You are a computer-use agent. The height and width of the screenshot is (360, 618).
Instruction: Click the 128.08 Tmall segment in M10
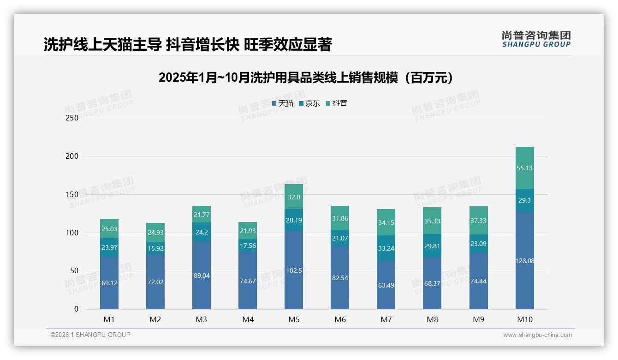click(524, 260)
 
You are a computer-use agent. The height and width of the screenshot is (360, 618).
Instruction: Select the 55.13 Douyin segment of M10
click(524, 168)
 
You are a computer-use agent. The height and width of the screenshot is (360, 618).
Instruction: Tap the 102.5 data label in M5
click(294, 270)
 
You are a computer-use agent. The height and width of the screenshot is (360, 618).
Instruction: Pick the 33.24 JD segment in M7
click(386, 248)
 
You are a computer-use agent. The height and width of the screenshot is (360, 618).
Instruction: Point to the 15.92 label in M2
click(155, 248)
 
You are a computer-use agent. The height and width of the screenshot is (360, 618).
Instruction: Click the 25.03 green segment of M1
click(109, 229)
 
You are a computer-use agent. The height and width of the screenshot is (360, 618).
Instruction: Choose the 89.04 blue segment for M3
click(202, 276)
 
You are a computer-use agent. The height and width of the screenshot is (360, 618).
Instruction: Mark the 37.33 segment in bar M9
click(478, 221)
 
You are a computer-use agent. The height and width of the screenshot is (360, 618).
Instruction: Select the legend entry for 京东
click(309, 103)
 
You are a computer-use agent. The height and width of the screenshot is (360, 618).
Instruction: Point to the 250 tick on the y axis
click(72, 118)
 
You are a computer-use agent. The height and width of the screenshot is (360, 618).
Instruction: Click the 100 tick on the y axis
click(72, 233)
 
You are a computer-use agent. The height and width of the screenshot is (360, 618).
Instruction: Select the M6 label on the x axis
click(340, 319)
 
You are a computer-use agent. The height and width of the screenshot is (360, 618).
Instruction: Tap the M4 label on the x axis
click(248, 319)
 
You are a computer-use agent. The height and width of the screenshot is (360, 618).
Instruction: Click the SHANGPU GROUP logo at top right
click(536, 39)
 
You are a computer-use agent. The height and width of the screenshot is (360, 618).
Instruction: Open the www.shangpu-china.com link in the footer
click(537, 335)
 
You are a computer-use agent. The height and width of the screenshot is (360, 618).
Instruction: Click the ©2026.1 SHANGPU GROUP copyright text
click(90, 335)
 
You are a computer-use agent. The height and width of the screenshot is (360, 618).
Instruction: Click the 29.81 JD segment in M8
click(432, 246)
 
